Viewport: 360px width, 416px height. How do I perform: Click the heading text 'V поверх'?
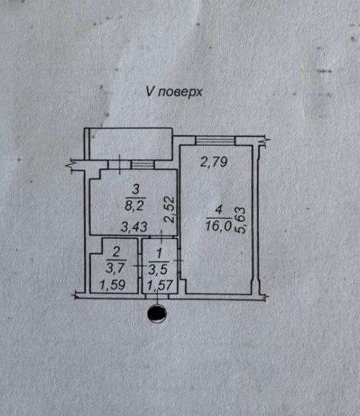coord(174,92)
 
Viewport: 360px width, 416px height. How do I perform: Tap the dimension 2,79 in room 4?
coord(214,162)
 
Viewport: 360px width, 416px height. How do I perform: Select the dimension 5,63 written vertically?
coord(240,220)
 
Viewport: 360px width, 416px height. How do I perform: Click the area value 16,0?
coord(218,227)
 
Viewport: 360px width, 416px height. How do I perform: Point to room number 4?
coord(219,210)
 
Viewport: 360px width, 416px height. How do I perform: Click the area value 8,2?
coord(134,205)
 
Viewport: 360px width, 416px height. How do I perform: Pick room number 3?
coord(135,190)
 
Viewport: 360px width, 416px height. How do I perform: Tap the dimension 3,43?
coord(134,227)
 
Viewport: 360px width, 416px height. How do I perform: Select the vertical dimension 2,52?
coord(169,209)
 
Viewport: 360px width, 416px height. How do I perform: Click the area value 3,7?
coord(115,268)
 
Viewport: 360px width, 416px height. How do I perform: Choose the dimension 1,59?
coord(113,285)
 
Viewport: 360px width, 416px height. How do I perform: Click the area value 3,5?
coord(158,270)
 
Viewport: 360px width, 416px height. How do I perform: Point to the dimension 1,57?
coord(160,286)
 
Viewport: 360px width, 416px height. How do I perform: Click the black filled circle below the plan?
coord(157,313)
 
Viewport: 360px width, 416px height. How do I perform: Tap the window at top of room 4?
coord(216,140)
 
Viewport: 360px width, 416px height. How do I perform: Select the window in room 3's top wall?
coord(142,164)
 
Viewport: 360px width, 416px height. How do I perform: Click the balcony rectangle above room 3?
coord(130,144)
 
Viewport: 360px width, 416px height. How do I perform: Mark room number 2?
coord(116,252)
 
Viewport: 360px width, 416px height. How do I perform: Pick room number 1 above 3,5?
coord(159,254)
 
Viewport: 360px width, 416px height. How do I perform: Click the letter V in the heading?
coord(150,92)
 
